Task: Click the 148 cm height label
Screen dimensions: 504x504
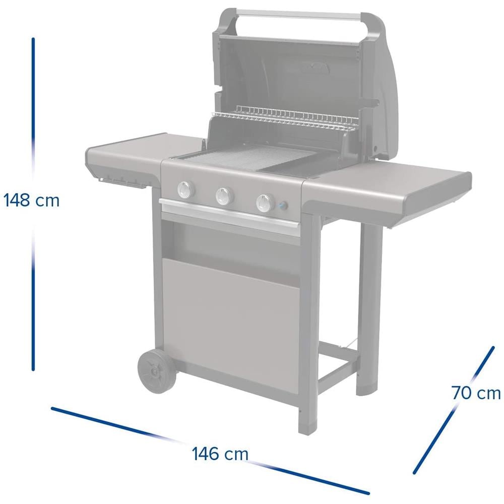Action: pos(31,201)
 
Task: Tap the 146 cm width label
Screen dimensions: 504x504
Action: pos(220,454)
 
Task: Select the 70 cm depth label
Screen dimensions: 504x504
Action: pos(476,393)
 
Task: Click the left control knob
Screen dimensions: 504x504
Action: pos(185,190)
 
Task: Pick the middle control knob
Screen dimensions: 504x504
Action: pos(224,196)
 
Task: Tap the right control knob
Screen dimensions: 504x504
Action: pos(264,203)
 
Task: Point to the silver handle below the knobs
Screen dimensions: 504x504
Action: pos(229,215)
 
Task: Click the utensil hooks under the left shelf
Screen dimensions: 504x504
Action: pos(118,181)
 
